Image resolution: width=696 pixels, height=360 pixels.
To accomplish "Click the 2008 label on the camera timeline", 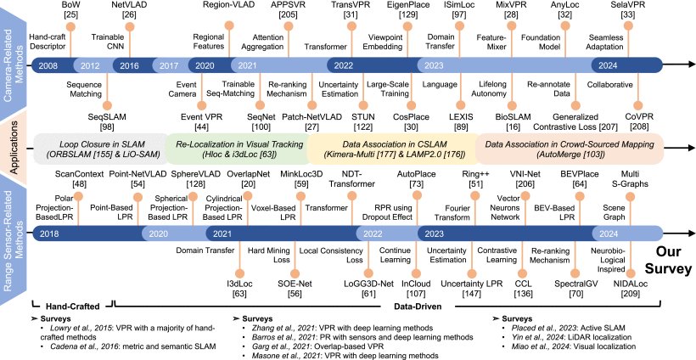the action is click(x=48, y=65).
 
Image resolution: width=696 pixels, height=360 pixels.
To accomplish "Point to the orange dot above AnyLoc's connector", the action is click(x=565, y=25).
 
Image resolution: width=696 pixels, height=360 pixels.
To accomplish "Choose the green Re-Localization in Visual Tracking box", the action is click(x=236, y=149).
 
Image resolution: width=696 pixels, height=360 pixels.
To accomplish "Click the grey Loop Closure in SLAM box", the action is click(x=99, y=149).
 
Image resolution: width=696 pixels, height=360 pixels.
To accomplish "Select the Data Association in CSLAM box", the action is click(x=391, y=149).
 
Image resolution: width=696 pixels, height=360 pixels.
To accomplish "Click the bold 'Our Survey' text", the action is click(x=668, y=262).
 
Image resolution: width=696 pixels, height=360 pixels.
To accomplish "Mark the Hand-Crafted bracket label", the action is click(x=71, y=306).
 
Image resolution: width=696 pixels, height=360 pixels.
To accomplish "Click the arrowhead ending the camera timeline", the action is click(x=690, y=65).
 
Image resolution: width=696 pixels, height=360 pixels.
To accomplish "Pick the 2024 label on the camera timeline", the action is click(x=608, y=65).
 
